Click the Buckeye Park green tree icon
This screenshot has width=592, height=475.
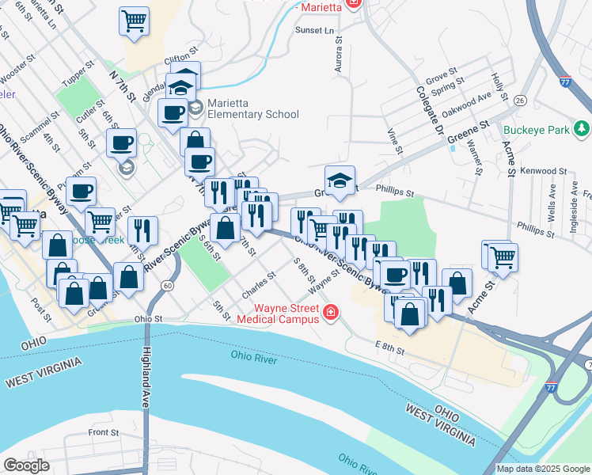(581, 127)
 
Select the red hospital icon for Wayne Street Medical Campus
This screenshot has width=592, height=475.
(330, 314)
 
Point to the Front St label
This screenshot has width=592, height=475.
(104, 433)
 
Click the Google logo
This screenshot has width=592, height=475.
(27, 465)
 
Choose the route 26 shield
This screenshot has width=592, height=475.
(520, 101)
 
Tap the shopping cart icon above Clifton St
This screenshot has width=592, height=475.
(135, 21)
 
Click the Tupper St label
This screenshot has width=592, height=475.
(78, 78)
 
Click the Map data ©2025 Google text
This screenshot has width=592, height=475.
(542, 469)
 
